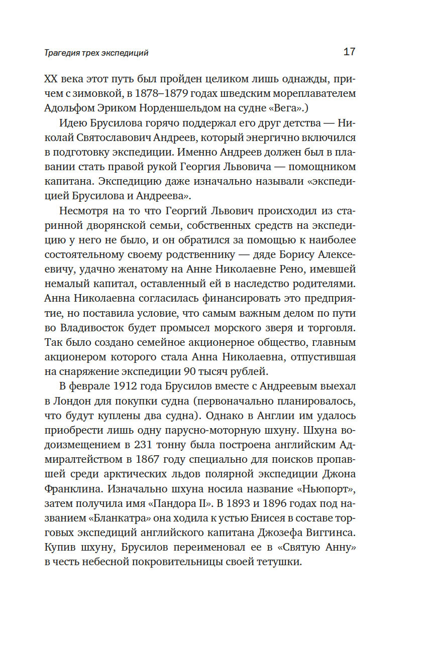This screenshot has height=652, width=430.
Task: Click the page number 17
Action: tap(349, 52)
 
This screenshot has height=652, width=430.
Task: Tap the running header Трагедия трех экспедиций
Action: tap(96, 53)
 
